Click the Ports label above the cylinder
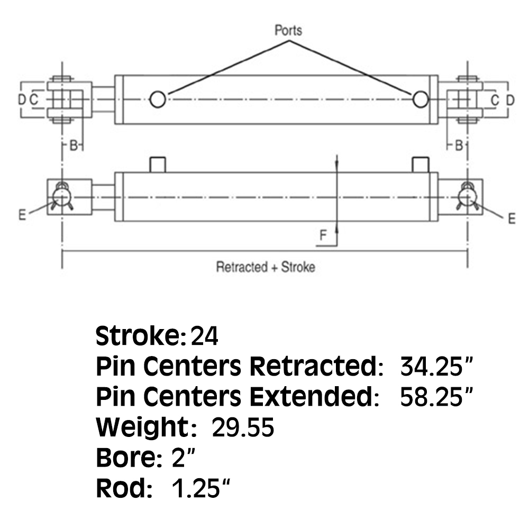288,30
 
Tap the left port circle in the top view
158,99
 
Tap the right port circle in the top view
421,99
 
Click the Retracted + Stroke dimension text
265,267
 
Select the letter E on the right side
511,218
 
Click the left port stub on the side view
158,164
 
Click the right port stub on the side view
421,164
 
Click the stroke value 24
204,336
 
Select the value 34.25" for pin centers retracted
435,366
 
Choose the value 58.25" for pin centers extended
435,397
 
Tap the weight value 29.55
243,427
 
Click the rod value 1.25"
202,489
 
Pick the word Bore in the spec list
125,458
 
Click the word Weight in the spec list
142,427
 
